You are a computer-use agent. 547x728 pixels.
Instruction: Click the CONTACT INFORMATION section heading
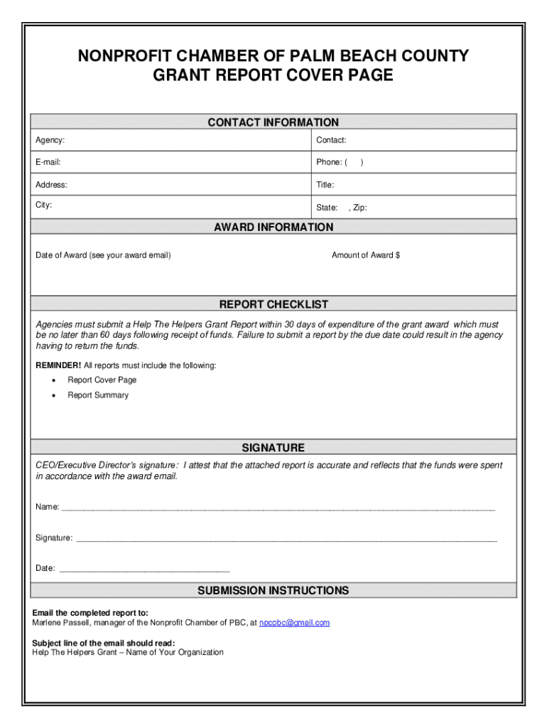(x=273, y=122)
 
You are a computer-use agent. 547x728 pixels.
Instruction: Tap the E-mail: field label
(x=48, y=162)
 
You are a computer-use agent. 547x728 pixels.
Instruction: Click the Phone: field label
(x=330, y=162)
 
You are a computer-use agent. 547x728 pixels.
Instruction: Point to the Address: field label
(x=52, y=185)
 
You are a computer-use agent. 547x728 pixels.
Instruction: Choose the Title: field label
(x=325, y=185)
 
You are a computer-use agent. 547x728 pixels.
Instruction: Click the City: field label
(x=44, y=205)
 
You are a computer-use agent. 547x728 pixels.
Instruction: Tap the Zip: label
(x=359, y=208)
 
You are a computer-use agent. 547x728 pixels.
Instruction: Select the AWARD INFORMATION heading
(x=273, y=227)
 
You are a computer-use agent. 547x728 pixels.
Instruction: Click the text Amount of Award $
(x=366, y=255)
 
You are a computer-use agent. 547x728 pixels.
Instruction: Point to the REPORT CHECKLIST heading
(x=273, y=305)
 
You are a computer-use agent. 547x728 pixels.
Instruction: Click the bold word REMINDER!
(x=59, y=365)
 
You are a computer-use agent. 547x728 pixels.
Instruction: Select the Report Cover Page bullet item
(x=102, y=380)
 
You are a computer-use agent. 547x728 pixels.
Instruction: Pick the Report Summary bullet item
(x=98, y=395)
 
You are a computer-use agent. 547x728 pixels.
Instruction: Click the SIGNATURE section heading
(x=273, y=448)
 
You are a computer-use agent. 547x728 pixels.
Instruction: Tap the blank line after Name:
(x=277, y=508)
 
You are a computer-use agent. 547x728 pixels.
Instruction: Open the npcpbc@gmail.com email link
(x=294, y=623)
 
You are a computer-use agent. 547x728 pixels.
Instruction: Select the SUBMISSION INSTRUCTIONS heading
(x=273, y=591)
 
